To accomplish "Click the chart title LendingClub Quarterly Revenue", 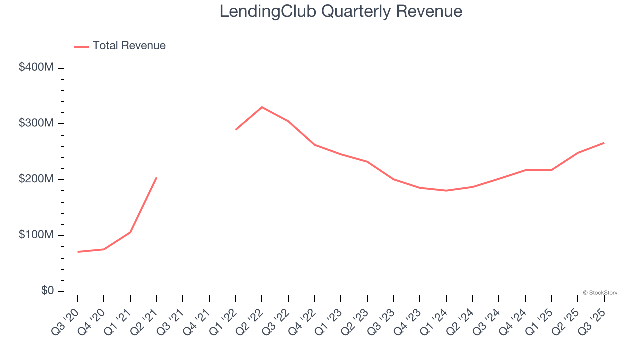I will click(x=341, y=11).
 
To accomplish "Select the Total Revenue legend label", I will click(x=129, y=46).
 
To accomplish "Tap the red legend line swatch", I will click(x=81, y=46).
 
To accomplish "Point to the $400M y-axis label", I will click(x=36, y=67).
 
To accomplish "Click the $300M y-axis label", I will click(x=36, y=123).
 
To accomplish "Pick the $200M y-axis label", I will click(x=36, y=179).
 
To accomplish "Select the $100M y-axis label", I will click(x=36, y=235).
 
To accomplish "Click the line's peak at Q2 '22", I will click(x=262, y=107).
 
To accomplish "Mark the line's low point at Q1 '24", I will click(x=446, y=190).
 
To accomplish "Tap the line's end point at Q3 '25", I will click(x=604, y=143).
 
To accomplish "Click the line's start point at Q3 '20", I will click(x=78, y=252).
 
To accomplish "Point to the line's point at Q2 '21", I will click(x=157, y=177).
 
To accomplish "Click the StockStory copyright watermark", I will click(x=600, y=293).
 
